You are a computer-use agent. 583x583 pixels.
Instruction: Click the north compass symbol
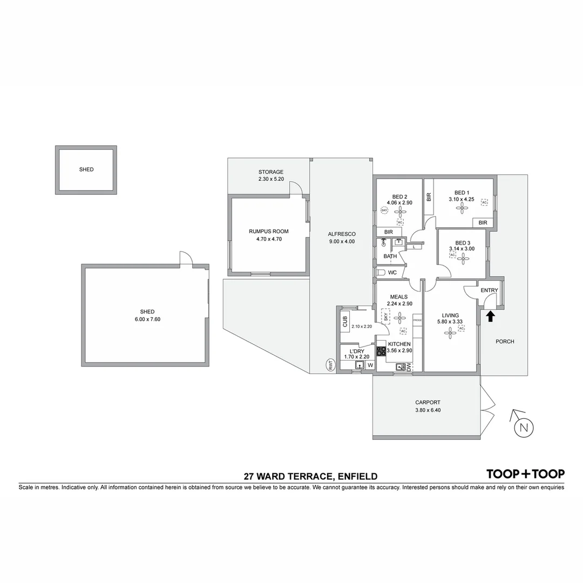[522, 427]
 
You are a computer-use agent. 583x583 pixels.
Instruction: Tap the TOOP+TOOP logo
[525, 474]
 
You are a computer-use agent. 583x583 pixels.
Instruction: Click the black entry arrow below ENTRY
[490, 316]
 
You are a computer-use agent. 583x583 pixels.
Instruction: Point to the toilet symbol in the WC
[381, 273]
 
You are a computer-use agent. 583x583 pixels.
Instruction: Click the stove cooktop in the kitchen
[381, 351]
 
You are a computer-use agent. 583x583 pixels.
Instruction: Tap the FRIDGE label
[417, 321]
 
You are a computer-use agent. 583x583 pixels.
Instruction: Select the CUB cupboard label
[344, 322]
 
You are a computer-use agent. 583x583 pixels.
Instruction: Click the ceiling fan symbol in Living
[450, 334]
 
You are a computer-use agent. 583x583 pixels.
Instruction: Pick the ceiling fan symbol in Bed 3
[463, 258]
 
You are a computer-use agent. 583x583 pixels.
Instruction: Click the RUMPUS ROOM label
[266, 231]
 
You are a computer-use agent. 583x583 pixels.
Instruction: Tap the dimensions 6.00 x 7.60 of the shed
[147, 319]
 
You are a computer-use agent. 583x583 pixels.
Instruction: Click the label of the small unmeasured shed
[86, 170]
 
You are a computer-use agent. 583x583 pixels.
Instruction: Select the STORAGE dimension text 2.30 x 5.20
[270, 179]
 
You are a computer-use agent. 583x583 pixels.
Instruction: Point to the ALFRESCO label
[341, 234]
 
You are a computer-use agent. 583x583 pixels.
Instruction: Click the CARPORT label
[428, 402]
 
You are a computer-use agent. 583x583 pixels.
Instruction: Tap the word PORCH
[505, 341]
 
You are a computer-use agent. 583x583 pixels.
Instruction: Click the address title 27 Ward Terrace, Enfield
[310, 476]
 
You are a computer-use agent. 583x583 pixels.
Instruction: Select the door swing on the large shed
[185, 258]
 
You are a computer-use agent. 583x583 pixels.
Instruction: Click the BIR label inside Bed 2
[388, 232]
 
